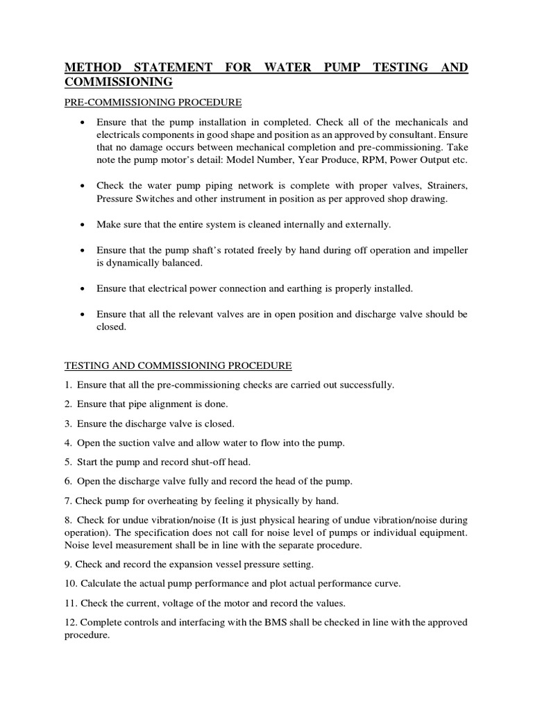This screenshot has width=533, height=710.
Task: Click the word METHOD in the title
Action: pyautogui.click(x=93, y=68)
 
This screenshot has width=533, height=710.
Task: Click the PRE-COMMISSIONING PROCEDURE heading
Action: pyautogui.click(x=153, y=103)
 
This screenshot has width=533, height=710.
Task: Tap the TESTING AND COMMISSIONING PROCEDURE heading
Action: pyautogui.click(x=178, y=365)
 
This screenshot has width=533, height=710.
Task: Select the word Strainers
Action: pyautogui.click(x=441, y=186)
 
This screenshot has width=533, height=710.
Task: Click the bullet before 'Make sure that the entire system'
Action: pyautogui.click(x=83, y=225)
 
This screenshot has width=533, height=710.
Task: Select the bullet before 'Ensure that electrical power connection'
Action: pyautogui.click(x=83, y=288)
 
